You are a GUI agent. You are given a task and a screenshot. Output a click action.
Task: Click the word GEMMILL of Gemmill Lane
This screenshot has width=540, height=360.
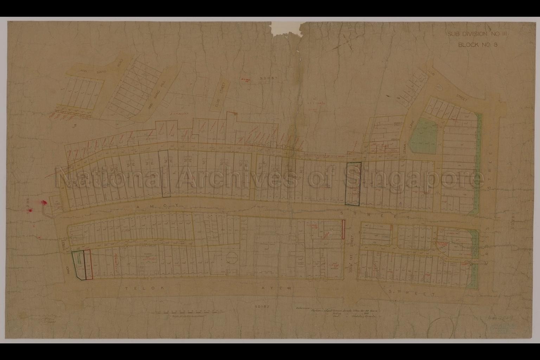[x=406, y=146]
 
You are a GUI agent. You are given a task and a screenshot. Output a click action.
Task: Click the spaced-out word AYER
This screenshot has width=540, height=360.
[x=276, y=289]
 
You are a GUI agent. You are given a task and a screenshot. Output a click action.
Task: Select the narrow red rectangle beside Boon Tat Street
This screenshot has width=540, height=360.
[x=342, y=230]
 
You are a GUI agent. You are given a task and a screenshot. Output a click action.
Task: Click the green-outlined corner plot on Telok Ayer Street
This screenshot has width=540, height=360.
[x=78, y=264]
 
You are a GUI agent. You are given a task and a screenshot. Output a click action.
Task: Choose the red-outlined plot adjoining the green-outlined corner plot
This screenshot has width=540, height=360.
[x=89, y=264]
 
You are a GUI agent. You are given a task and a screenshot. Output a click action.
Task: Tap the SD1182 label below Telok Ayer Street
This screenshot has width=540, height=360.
[x=263, y=307]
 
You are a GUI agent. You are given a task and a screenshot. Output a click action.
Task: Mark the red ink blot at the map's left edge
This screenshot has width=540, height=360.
[x=44, y=202]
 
